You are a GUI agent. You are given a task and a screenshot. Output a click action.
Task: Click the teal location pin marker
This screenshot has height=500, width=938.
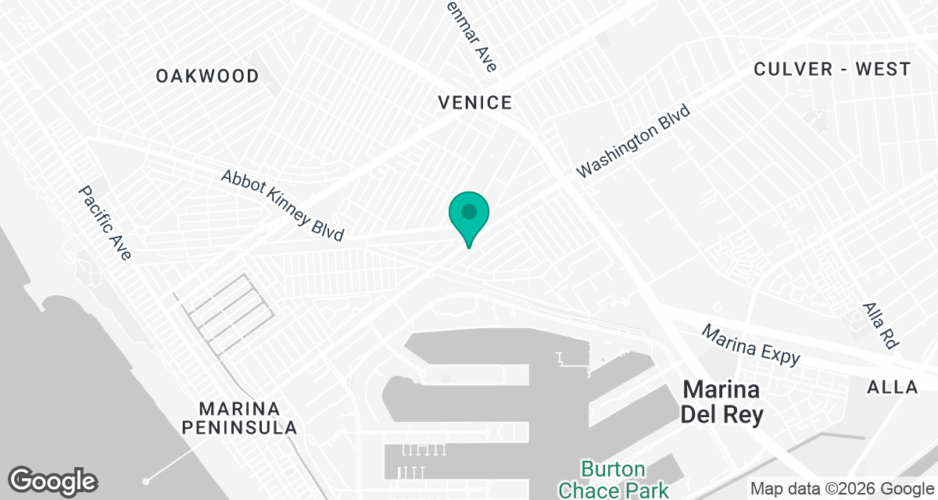click(x=468, y=218)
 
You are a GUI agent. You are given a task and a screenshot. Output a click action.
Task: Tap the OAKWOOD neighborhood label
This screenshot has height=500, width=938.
click(x=207, y=76)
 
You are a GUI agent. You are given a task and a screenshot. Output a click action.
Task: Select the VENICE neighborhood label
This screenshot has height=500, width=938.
click(x=474, y=102)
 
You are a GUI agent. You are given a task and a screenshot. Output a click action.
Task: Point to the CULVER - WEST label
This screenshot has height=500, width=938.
click(x=832, y=69)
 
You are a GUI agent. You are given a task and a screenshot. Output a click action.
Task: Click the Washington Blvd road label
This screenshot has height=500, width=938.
click(x=634, y=142)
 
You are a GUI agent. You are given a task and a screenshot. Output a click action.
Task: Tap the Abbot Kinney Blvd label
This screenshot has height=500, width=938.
click(x=282, y=205)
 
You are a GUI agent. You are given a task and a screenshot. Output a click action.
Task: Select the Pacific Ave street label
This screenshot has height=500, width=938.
click(x=105, y=223)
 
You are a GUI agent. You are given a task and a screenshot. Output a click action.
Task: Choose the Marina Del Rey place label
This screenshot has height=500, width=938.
click(x=721, y=402)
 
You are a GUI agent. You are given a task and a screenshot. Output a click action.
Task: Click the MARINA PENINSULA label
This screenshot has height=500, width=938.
click(x=248, y=418)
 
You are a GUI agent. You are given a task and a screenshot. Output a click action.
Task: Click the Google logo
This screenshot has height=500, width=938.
click(x=53, y=480)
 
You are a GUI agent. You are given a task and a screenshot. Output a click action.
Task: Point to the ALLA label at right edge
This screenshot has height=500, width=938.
click(x=892, y=387)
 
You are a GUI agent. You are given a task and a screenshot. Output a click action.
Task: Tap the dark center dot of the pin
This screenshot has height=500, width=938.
click(x=468, y=211)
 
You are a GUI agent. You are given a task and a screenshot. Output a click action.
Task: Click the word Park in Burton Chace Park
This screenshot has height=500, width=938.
click(x=646, y=491)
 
